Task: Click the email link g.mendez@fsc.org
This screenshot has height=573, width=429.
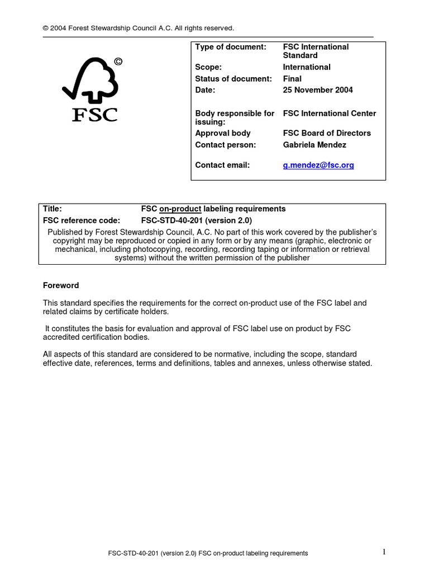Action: [x=318, y=165]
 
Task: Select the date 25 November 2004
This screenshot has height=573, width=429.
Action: [x=318, y=90]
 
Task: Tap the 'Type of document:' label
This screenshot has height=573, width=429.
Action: [x=231, y=47]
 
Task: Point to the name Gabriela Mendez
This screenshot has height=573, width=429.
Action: [x=314, y=145]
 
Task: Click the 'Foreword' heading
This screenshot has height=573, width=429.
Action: [x=61, y=285]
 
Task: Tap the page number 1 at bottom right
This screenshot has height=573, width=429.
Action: [x=384, y=552]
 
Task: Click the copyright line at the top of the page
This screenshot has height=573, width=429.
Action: [x=139, y=28]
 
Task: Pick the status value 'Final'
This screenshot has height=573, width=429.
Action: [x=293, y=78]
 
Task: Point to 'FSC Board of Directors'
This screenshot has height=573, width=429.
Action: [x=327, y=133]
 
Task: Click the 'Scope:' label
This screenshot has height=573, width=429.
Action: [x=208, y=67]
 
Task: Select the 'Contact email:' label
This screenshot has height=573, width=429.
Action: [x=222, y=165]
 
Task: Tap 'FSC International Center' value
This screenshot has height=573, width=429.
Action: [x=330, y=114]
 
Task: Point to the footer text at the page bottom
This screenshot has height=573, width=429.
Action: [x=208, y=553]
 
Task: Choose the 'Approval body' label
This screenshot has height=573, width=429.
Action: [x=223, y=133]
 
